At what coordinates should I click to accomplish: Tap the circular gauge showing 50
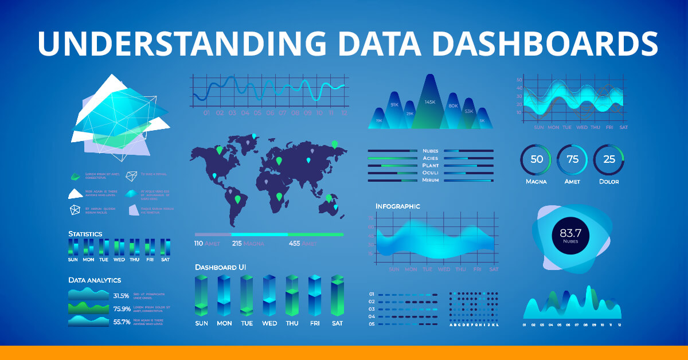(536, 159)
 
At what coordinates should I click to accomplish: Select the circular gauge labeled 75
(572, 159)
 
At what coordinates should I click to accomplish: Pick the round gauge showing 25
(609, 159)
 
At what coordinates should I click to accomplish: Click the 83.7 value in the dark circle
(570, 233)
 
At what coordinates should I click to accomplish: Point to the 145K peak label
(430, 102)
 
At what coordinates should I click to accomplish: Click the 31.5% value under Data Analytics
(121, 296)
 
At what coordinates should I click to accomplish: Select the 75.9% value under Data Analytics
(121, 309)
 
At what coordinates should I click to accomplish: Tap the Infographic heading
(397, 206)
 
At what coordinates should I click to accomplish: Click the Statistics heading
(85, 234)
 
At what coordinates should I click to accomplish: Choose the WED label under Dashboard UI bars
(269, 323)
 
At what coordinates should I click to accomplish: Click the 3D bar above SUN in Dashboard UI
(201, 295)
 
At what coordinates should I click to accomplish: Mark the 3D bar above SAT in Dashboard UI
(337, 295)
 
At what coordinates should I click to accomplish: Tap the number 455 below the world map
(295, 244)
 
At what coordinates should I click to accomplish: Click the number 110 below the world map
(198, 244)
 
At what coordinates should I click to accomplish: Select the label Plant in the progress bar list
(430, 166)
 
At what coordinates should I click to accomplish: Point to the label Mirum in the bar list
(430, 180)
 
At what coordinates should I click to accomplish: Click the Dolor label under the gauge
(609, 182)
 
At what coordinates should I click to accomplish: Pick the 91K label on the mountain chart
(394, 105)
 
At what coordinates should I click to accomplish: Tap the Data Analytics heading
(95, 280)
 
